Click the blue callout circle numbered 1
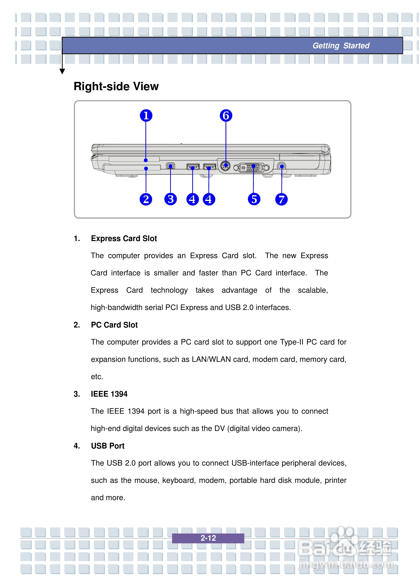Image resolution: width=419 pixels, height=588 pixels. pyautogui.click(x=146, y=115)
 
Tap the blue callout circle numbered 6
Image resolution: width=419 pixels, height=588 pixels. pyautogui.click(x=226, y=115)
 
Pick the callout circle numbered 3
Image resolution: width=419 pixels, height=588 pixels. pyautogui.click(x=171, y=199)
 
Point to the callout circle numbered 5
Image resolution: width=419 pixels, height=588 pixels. pyautogui.click(x=254, y=199)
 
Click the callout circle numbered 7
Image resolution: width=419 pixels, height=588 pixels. pyautogui.click(x=281, y=199)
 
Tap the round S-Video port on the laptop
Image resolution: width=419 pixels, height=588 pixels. pyautogui.click(x=226, y=166)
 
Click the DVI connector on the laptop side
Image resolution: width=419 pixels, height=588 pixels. pyautogui.click(x=251, y=168)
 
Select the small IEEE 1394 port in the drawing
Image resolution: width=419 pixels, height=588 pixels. pyautogui.click(x=170, y=166)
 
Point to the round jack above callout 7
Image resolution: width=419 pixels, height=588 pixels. pyautogui.click(x=282, y=166)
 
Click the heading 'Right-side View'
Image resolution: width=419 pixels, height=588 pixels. pyautogui.click(x=116, y=86)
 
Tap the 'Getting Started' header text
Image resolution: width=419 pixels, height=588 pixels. pyautogui.click(x=341, y=46)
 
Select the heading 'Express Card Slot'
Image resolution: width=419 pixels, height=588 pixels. pyautogui.click(x=124, y=238)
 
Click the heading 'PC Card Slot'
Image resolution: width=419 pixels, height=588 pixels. pyautogui.click(x=114, y=325)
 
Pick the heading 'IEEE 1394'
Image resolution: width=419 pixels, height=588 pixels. pyautogui.click(x=109, y=394)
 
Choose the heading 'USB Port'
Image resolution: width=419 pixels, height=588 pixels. pyautogui.click(x=108, y=446)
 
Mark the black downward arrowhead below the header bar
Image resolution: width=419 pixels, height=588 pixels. pyautogui.click(x=62, y=71)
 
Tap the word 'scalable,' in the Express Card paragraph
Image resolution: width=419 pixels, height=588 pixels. pyautogui.click(x=313, y=290)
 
